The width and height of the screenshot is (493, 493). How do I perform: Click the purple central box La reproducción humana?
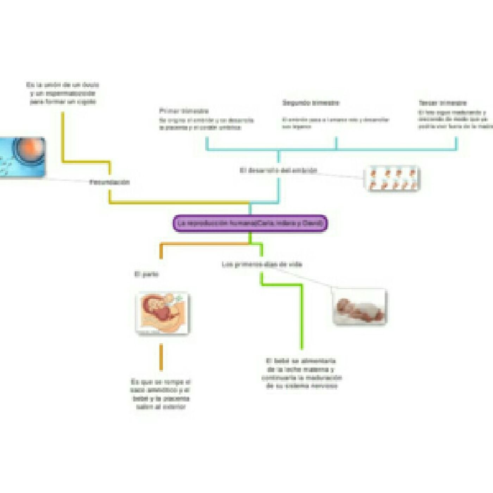pos(250,224)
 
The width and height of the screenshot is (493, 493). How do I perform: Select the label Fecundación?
pos(110,182)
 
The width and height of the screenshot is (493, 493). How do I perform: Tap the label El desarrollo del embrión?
pos(278,170)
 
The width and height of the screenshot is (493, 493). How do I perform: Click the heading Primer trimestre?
pos(184,111)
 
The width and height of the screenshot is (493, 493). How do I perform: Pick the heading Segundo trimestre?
pos(311,103)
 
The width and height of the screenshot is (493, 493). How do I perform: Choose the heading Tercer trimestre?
pos(443,103)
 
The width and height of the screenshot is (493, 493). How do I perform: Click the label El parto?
pos(146,274)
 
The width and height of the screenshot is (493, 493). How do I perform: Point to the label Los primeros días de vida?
pos(262,264)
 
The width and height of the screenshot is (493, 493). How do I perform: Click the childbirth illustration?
pos(163,313)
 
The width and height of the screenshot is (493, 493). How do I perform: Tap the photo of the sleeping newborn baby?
pos(360,307)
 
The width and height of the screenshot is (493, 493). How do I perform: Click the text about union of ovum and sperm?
pos(63,93)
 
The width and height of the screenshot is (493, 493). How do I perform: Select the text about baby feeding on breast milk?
pos(301,373)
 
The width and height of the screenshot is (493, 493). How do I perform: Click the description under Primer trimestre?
pos(206,124)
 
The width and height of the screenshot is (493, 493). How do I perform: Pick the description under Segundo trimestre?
pos(335,123)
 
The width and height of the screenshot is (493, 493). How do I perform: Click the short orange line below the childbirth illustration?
pos(161,357)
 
